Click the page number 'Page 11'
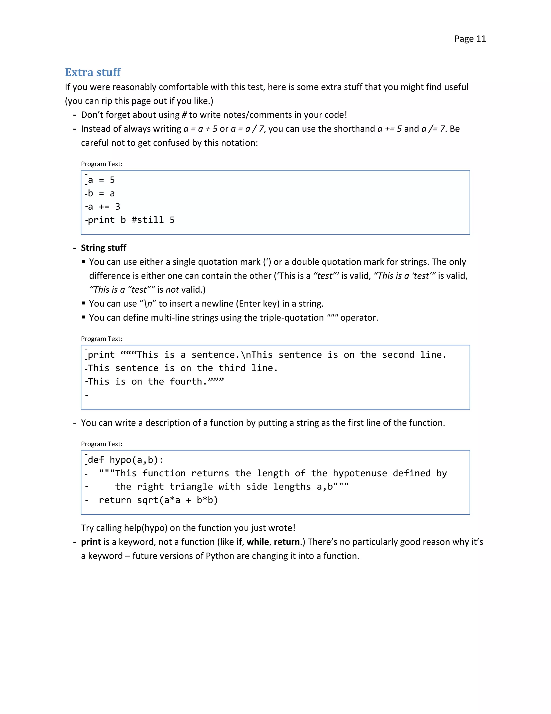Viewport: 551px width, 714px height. pos(470,39)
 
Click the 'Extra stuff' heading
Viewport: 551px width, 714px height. pos(93,72)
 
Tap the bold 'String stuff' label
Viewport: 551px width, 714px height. pos(104,248)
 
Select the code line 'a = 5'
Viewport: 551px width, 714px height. pos(101,180)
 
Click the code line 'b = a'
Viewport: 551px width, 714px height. pos(101,193)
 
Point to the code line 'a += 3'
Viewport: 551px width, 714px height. pos(104,207)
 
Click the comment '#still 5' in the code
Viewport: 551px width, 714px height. pos(153,220)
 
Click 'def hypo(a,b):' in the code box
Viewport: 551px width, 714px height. pos(126,460)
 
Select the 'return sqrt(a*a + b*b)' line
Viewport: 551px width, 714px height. pos(158,500)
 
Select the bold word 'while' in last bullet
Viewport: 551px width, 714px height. pos(257,542)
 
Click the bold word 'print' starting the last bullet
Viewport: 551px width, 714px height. pos(91,542)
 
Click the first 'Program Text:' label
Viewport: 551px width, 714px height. pos(101,164)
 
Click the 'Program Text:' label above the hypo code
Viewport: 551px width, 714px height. pos(101,444)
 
